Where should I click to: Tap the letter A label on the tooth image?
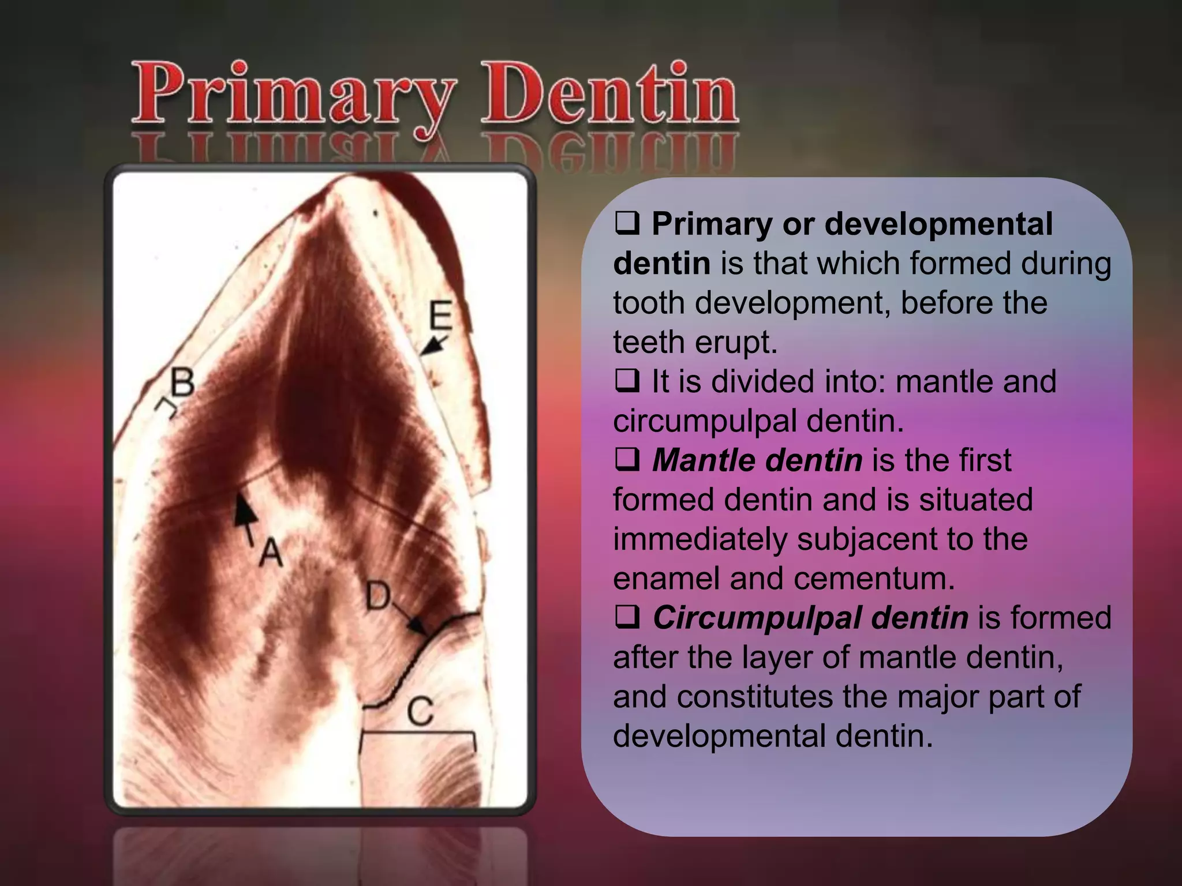coord(270,552)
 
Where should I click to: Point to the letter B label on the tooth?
coord(182,382)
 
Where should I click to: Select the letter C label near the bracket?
coord(420,711)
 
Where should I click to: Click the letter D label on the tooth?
coord(379,596)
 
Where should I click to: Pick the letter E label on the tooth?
coord(441,316)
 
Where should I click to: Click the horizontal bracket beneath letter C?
coord(418,734)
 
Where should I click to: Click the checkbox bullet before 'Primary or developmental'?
coord(627,224)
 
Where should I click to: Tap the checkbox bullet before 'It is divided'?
coord(627,381)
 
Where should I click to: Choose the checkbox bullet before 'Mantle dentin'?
coord(627,460)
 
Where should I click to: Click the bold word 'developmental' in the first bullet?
coord(938,224)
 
